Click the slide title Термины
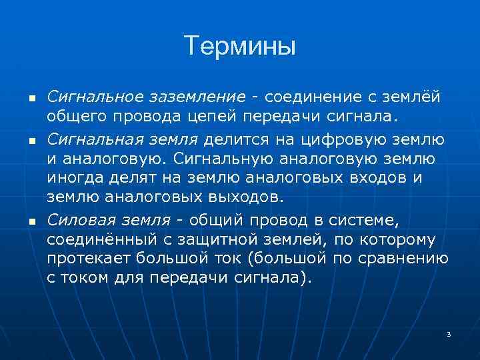[240, 46]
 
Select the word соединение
[309, 97]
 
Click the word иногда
[71, 178]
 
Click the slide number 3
[449, 333]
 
